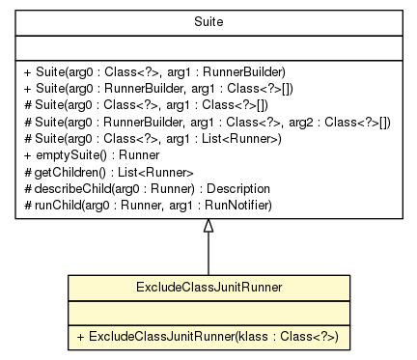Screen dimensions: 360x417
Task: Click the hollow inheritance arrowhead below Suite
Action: (x=208, y=227)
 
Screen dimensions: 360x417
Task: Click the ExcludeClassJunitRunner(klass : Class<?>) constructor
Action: (x=208, y=337)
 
